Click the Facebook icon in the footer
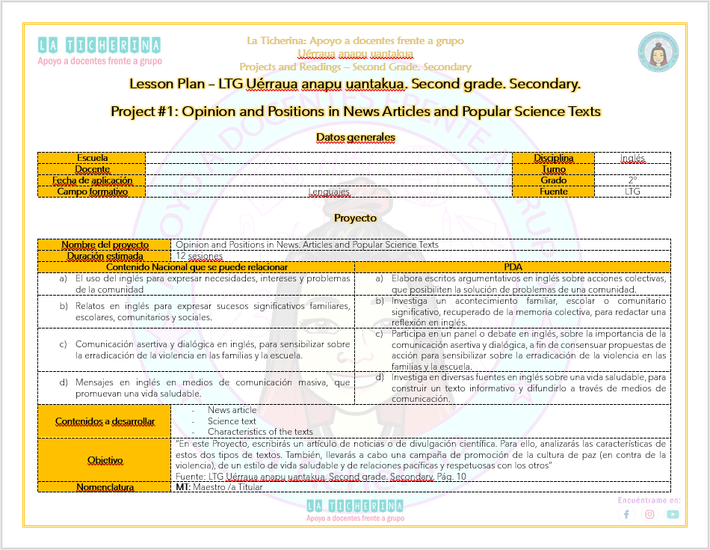626,514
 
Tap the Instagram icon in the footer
649,514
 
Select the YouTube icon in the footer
673,514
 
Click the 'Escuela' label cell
92,158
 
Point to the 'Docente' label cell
92,169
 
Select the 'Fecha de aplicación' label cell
92,180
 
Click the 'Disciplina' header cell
553,158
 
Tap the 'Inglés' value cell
632,158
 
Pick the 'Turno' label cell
553,169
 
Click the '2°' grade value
632,180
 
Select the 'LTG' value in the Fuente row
632,192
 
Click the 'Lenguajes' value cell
329,192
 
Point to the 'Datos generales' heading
355,138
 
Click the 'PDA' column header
513,267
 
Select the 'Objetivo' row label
105,459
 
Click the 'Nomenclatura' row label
105,487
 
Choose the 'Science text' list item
232,421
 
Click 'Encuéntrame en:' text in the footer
649,499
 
